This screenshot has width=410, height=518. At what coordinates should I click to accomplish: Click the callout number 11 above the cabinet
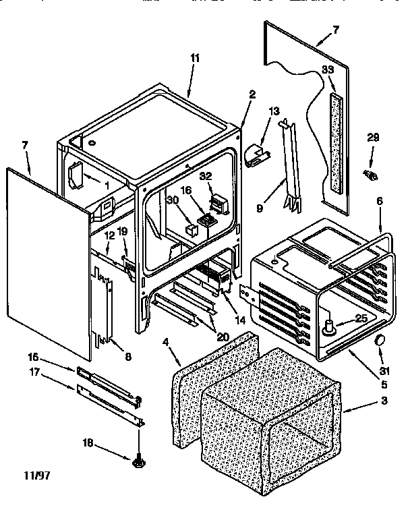pyautogui.click(x=194, y=59)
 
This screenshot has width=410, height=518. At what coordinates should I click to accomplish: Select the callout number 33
pyautogui.click(x=328, y=69)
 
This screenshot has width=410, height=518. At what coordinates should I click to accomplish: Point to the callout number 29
pyautogui.click(x=372, y=138)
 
